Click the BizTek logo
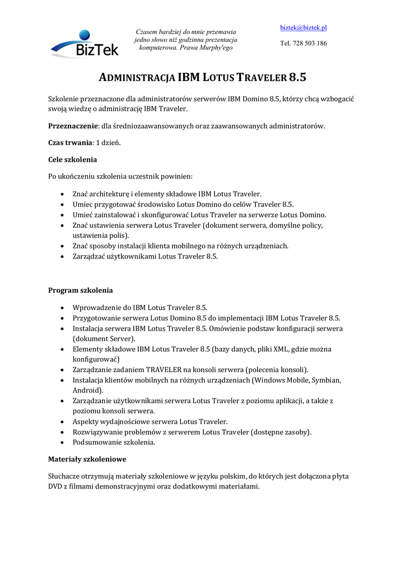pyautogui.click(x=84, y=44)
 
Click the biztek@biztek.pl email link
pyautogui.click(x=304, y=28)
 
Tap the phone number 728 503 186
pyautogui.click(x=310, y=43)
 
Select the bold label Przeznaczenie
pyautogui.click(x=73, y=126)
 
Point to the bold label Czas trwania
pyautogui.click(x=70, y=142)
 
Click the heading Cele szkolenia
pyautogui.click(x=73, y=159)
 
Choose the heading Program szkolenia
pyautogui.click(x=81, y=290)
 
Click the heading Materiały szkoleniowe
pyautogui.click(x=87, y=459)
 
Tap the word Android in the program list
pyautogui.click(x=86, y=390)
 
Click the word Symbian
pyautogui.click(x=325, y=380)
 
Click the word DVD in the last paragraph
pyautogui.click(x=57, y=486)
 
